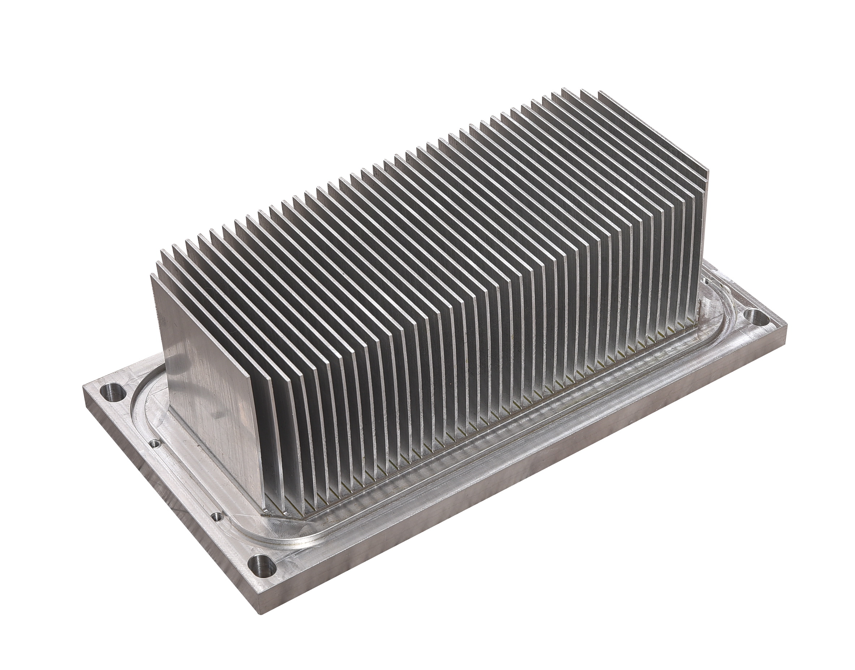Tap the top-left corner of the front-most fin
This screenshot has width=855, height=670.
pos(151,275)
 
